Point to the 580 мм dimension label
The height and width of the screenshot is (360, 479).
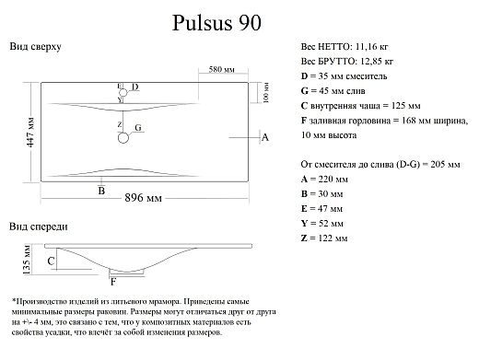tap(220, 70)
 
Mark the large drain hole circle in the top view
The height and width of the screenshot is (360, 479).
tap(123, 138)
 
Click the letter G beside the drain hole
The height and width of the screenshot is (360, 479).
tap(138, 127)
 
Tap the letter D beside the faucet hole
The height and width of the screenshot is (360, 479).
tap(134, 87)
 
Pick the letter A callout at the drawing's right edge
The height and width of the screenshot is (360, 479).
tap(264, 137)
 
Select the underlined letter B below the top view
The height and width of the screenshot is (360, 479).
tap(101, 190)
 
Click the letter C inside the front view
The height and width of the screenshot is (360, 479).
tap(52, 262)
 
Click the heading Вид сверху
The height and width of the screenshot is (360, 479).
tap(35, 46)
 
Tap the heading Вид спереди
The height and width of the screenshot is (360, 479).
tap(38, 226)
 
